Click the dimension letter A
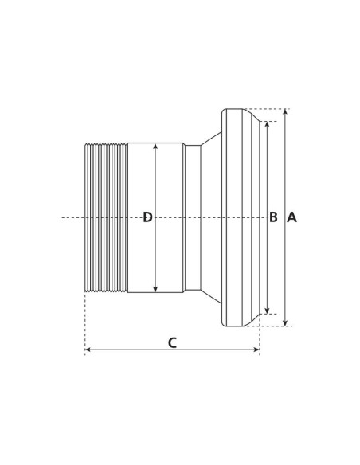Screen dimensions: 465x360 coord(292,217)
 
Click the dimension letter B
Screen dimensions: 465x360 coord(273,217)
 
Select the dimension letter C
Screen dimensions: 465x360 coord(172,343)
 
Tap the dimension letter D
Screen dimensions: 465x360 coord(147,217)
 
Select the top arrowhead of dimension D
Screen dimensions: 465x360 coord(155,147)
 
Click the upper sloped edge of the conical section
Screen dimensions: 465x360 coord(211,139)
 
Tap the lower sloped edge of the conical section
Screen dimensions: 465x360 coord(211,297)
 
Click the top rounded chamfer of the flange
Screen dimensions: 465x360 coord(252,115)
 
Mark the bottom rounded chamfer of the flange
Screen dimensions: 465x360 coord(252,319)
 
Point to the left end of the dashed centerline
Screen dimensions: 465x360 coord(64,217)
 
